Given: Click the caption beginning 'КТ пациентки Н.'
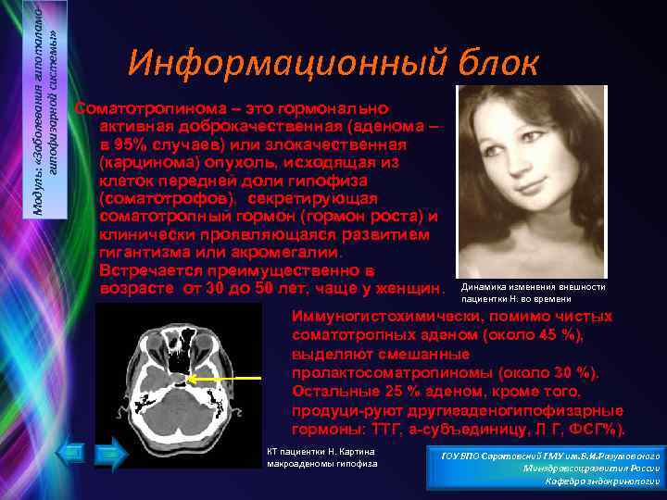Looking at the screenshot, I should click(319, 456).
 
